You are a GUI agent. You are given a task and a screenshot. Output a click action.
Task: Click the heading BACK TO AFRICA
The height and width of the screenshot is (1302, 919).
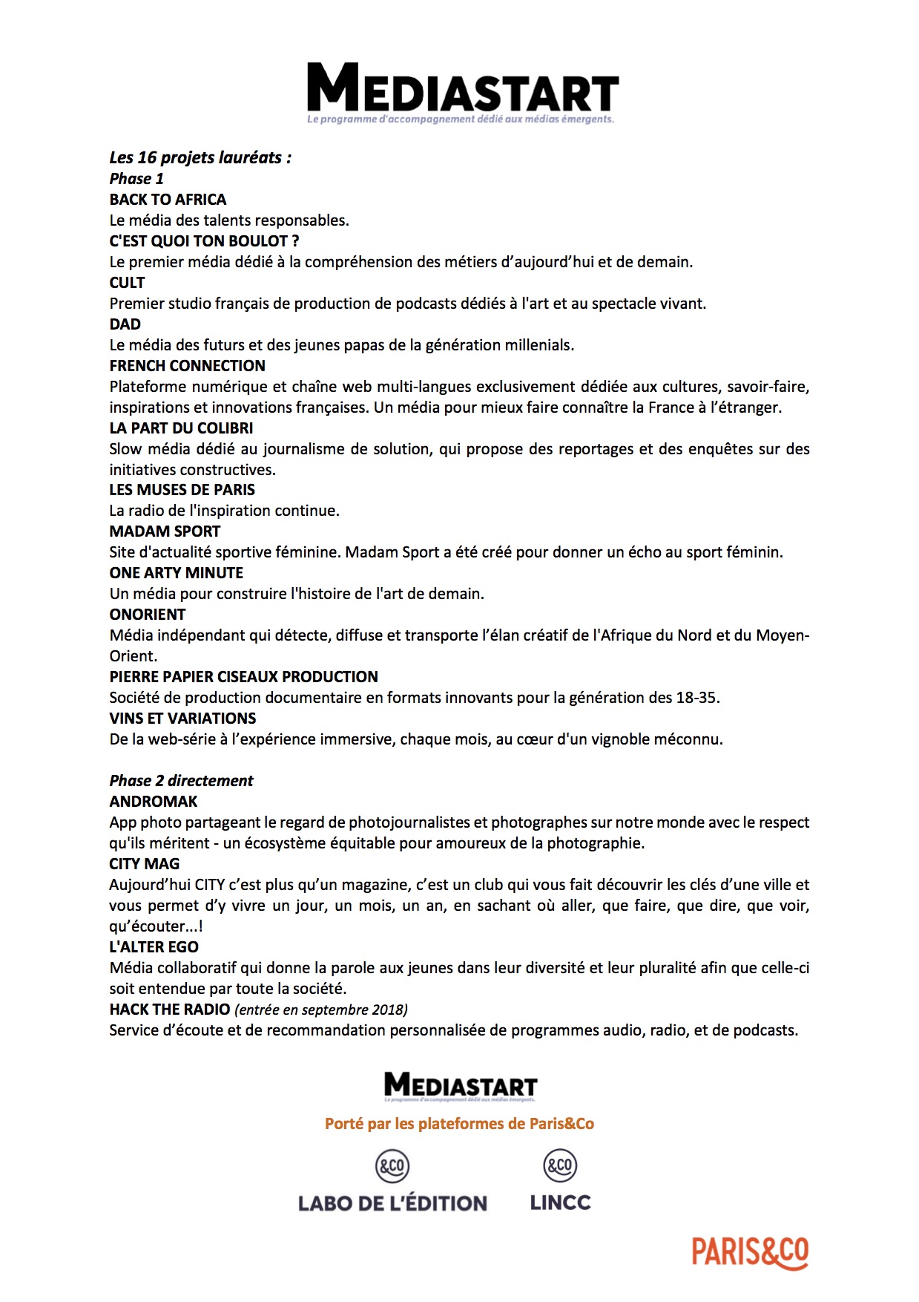coord(168,200)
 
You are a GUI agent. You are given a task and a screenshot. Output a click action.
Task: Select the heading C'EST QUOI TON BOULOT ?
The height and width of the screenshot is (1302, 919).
coord(204,241)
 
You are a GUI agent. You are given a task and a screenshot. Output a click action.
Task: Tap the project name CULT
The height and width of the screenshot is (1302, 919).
coord(127,283)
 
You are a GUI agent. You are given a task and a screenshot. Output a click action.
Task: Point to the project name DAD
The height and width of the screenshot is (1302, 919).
coord(125,324)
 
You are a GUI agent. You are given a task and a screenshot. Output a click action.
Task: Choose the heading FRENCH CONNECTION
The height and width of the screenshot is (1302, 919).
coord(187,366)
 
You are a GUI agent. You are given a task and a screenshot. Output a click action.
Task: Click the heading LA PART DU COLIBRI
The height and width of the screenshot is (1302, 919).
coord(181,428)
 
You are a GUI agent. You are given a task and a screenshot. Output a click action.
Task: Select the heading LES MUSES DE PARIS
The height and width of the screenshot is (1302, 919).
coord(182,490)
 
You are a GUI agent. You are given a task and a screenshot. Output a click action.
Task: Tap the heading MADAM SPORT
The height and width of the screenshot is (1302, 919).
coord(165,531)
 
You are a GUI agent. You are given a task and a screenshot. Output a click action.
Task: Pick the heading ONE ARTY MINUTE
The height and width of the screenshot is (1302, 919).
coord(176,573)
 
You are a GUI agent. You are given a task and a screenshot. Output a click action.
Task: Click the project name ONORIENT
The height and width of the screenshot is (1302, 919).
coord(147,615)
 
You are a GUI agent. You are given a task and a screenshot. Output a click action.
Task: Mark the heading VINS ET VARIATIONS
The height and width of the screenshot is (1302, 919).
coord(182,719)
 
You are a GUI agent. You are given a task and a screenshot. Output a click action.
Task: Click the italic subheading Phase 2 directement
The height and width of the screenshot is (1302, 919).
coord(181,781)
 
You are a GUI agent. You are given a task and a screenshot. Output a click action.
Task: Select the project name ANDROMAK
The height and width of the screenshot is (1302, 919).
coord(154,802)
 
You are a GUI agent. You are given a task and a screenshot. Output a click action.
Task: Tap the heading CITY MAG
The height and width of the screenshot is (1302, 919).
coord(144,864)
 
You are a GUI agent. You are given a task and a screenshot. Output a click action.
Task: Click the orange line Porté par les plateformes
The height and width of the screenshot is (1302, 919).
coord(459,1124)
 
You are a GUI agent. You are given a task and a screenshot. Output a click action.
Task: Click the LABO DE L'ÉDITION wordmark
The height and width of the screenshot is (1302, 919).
coord(392,1203)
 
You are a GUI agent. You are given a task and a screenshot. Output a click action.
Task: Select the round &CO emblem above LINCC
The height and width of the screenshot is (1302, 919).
coord(560,1165)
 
